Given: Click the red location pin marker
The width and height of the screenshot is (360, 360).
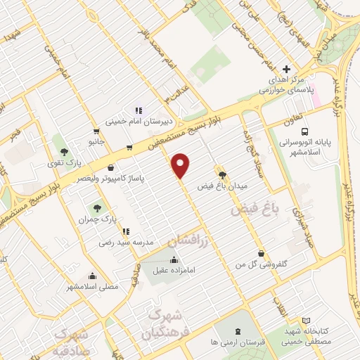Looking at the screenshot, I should click(x=181, y=165).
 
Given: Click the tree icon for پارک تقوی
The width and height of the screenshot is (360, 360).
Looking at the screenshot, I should click(x=65, y=152).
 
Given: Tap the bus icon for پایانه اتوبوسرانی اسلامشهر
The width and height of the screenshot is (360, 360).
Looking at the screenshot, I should click(x=304, y=131).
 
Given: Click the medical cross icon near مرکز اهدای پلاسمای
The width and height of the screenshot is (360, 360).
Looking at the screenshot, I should click(x=285, y=70).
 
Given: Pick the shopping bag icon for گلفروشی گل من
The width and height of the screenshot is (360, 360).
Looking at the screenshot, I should click(x=262, y=253).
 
